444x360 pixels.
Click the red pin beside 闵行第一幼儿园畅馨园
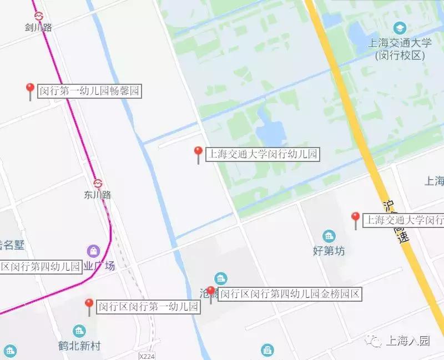coord(31,89)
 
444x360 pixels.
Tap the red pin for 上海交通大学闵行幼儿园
coord(198,153)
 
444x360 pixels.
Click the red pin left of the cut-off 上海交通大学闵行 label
coord(356,218)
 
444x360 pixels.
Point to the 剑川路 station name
coord(39,27)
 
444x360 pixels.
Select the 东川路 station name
coord(98,195)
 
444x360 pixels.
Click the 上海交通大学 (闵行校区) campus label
coord(399,49)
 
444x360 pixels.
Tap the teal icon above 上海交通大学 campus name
coord(399,28)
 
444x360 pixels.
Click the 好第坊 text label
coord(329,251)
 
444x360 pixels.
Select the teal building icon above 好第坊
coord(329,236)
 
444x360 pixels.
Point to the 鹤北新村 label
coord(80,346)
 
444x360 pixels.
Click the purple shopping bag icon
coord(93,251)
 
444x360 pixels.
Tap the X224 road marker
coord(147,356)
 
